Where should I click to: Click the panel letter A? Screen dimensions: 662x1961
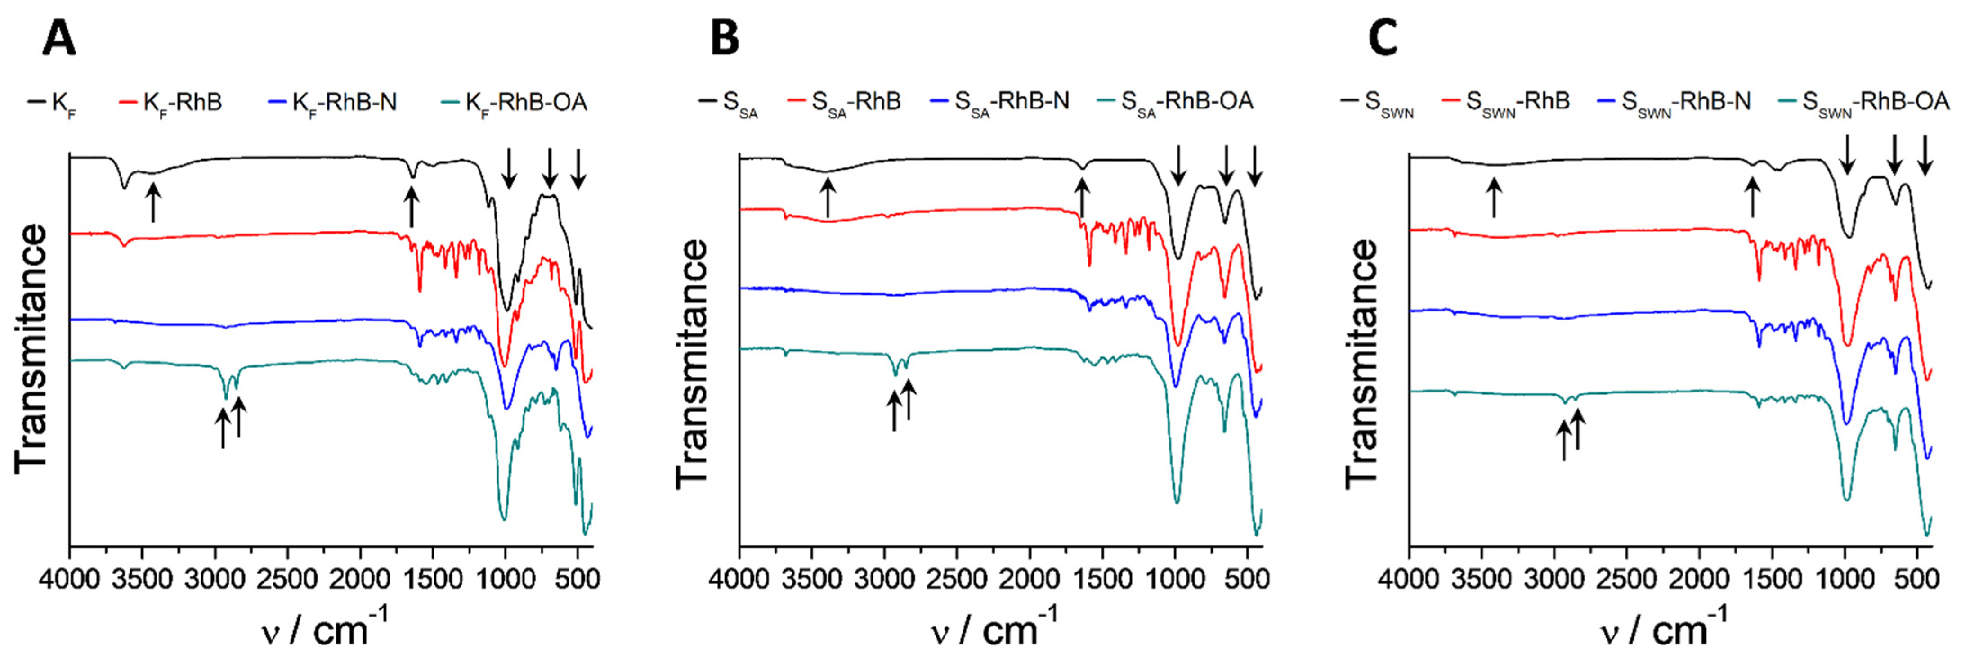click(x=58, y=38)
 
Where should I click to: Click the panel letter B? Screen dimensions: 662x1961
click(x=724, y=38)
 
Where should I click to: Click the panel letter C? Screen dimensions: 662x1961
click(x=1383, y=38)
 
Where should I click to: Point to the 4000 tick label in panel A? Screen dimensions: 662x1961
click(x=70, y=579)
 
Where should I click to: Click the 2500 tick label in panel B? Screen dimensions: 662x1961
click(x=957, y=579)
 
